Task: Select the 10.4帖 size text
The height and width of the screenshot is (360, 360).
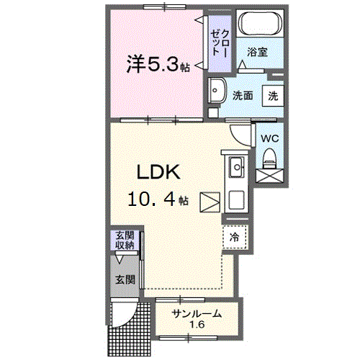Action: coord(158,199)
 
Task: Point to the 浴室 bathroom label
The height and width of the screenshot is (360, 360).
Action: coord(257,52)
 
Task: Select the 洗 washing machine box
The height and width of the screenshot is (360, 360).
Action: coord(273,95)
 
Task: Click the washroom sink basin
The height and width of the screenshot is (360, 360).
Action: coord(217,91)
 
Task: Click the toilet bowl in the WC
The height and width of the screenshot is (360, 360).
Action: coord(270,156)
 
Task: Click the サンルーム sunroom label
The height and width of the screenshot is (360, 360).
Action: coord(196,313)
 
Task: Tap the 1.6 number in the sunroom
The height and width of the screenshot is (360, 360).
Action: coord(196,325)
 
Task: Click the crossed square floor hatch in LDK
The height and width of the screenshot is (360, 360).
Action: coord(210,202)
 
